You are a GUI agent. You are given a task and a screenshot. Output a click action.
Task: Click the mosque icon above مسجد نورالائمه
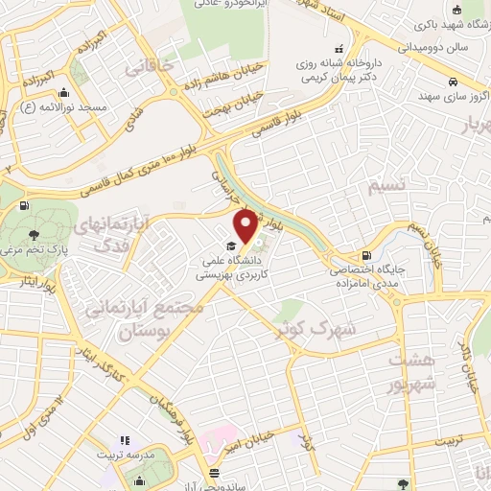click(x=63, y=94)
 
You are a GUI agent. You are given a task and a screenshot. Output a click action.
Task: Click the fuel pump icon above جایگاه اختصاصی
click(x=365, y=256)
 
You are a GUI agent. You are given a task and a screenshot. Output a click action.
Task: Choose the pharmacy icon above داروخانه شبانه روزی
click(x=338, y=50)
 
